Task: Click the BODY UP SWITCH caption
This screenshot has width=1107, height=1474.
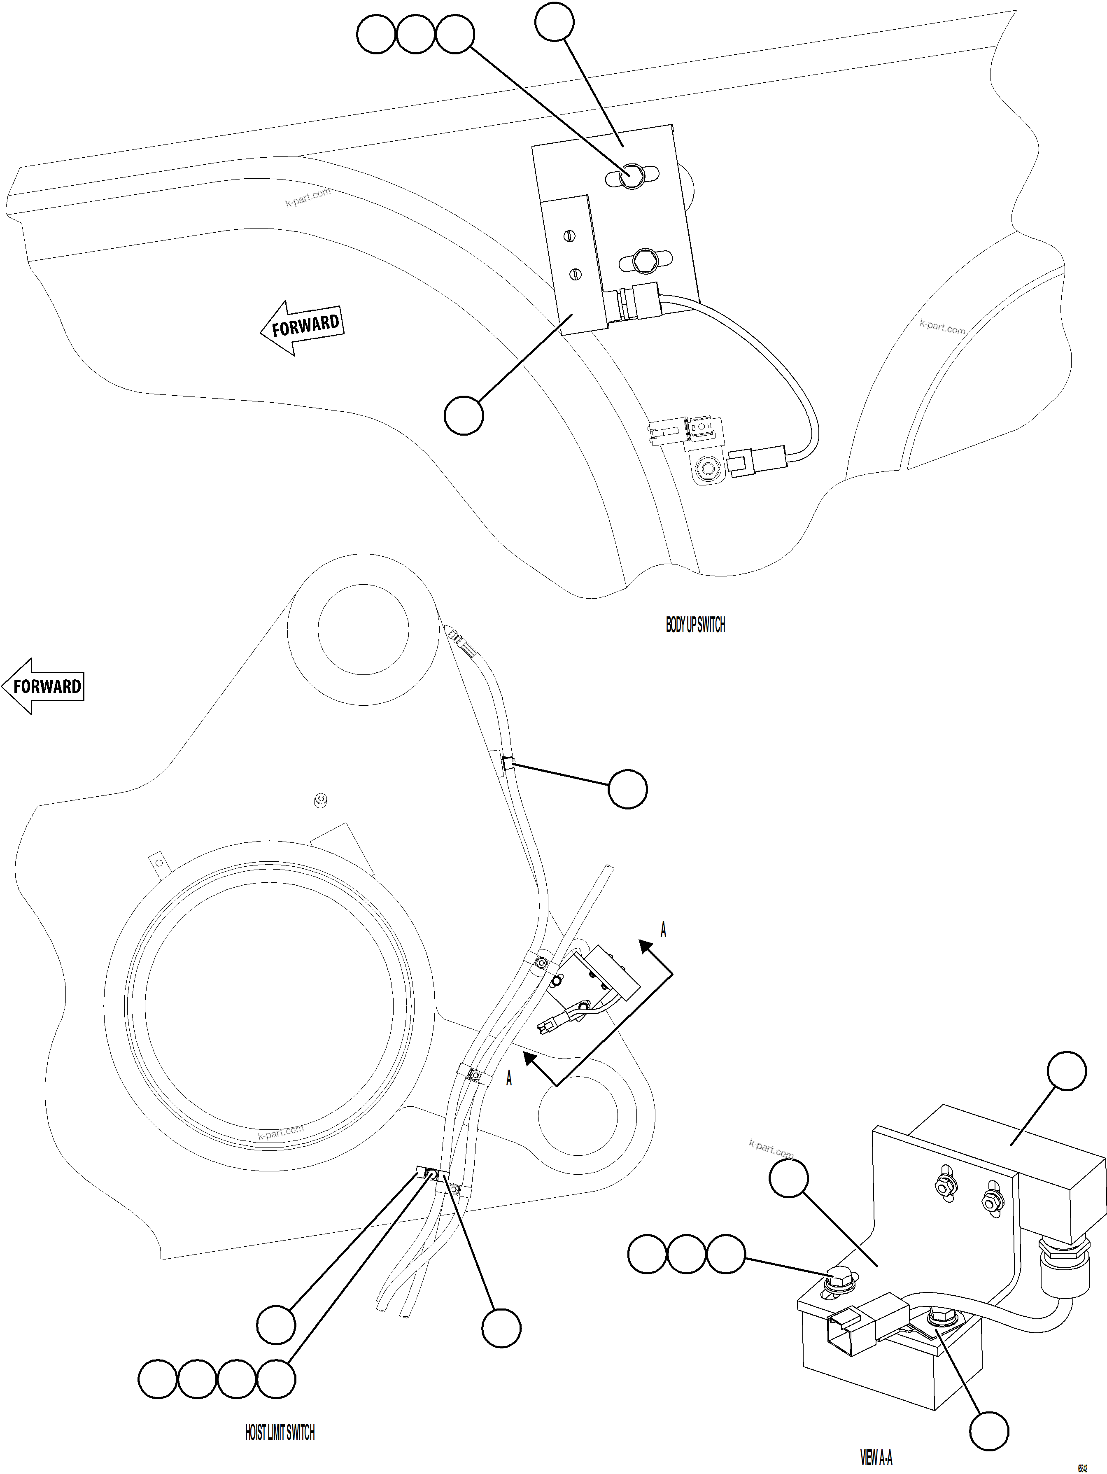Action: pos(695,625)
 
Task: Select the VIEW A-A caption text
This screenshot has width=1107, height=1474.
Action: pos(876,1458)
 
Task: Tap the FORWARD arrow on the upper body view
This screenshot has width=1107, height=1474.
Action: pos(303,327)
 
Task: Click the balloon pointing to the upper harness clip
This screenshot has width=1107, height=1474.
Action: pos(627,789)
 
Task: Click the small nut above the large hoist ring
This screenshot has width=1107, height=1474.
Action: pos(321,800)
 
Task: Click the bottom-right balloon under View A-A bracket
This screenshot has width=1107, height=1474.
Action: pos(988,1430)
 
